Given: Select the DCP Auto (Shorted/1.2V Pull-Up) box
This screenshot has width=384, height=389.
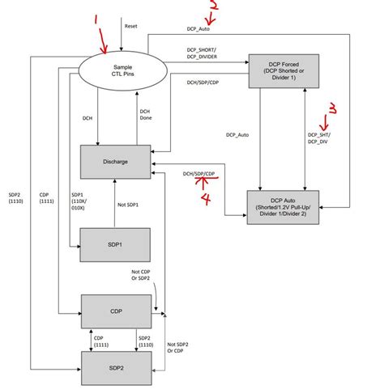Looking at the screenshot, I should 283,205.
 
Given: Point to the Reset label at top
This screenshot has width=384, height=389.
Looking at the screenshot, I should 131,26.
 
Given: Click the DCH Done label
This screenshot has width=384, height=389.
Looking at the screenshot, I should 145,116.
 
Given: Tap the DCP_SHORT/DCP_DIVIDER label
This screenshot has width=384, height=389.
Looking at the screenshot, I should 204,54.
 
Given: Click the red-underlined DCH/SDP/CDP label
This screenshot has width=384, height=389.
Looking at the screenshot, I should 199,174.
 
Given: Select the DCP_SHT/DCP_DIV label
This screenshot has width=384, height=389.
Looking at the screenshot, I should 318,137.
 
